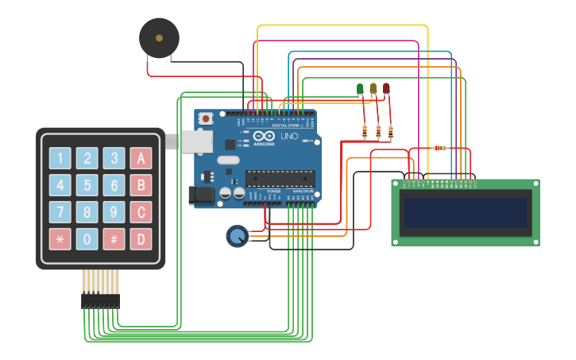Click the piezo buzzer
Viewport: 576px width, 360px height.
(x=159, y=37)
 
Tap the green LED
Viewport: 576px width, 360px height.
(x=360, y=88)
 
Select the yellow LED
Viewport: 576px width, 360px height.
(x=373, y=88)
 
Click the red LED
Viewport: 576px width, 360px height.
(x=387, y=88)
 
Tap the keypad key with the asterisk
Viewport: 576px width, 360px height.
(x=60, y=238)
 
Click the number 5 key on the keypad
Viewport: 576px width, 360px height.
(x=87, y=186)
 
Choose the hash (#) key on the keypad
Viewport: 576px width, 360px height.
(x=114, y=238)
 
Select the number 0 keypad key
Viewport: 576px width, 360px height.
(x=87, y=238)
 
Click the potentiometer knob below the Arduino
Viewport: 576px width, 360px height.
(x=236, y=235)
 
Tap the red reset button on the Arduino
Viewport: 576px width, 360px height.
(x=206, y=118)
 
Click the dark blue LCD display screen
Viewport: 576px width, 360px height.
(x=466, y=213)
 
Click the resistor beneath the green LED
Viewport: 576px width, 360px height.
(x=365, y=130)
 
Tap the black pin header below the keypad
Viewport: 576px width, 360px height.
(x=100, y=301)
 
